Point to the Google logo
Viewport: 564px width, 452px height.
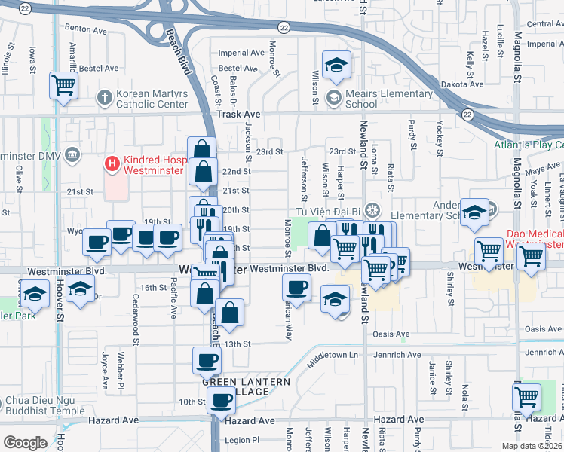(25, 442)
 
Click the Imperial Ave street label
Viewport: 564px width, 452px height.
(241, 53)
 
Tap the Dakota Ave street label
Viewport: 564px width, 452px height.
(460, 84)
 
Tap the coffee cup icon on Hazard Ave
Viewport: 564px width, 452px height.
(221, 401)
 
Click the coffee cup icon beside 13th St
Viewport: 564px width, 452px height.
(207, 360)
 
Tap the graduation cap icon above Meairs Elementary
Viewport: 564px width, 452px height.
(337, 65)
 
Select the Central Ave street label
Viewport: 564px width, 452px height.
(545, 24)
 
